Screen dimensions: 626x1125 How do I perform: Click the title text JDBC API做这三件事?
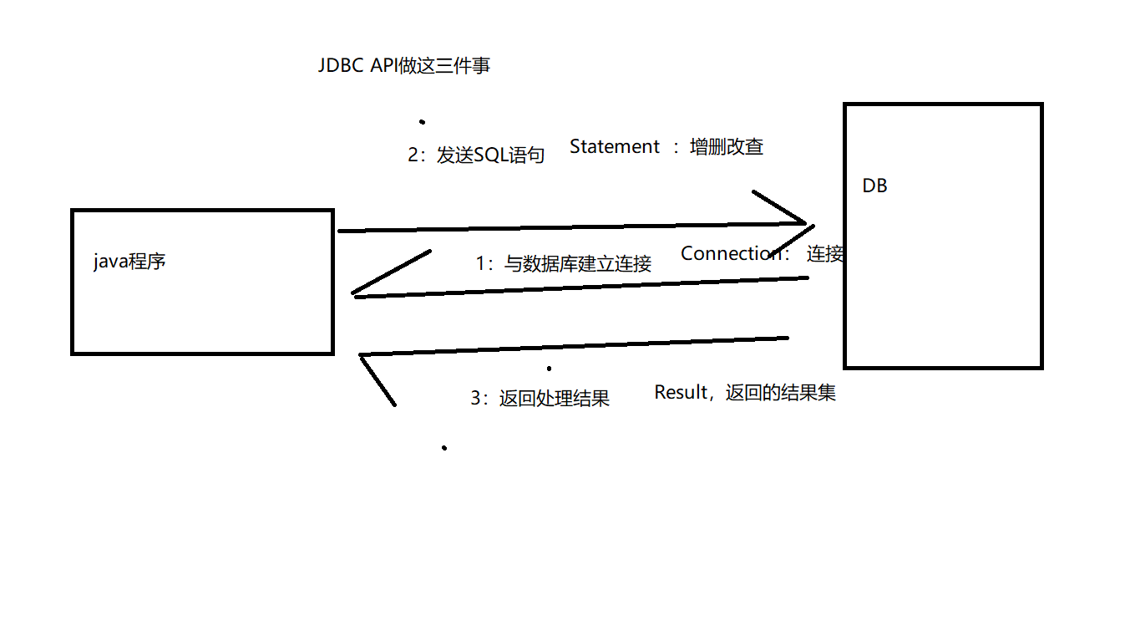[x=404, y=66]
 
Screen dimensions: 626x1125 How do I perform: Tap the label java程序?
[x=129, y=262]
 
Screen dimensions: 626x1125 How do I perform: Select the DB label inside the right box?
[x=874, y=186]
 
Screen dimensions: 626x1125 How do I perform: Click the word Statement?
[x=615, y=147]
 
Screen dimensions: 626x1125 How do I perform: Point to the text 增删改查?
[x=727, y=147]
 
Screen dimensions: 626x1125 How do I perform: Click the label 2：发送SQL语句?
[x=476, y=155]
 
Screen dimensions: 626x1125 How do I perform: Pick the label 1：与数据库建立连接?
[x=563, y=264]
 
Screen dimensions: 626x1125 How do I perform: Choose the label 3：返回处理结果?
[x=540, y=399]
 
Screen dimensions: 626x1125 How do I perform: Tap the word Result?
[x=681, y=393]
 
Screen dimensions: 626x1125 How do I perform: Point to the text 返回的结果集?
[x=781, y=393]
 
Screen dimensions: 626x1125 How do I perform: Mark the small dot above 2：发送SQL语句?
[x=423, y=122]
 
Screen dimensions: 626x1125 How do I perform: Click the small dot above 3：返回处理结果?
[x=549, y=369]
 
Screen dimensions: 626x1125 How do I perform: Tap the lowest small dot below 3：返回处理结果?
[x=444, y=448]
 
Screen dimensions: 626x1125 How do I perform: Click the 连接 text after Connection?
[x=825, y=255]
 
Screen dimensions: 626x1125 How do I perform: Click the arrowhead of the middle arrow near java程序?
[x=357, y=293]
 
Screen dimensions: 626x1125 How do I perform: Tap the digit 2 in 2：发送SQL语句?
[x=413, y=156]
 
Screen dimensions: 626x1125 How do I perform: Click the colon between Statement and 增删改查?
[x=677, y=149]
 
